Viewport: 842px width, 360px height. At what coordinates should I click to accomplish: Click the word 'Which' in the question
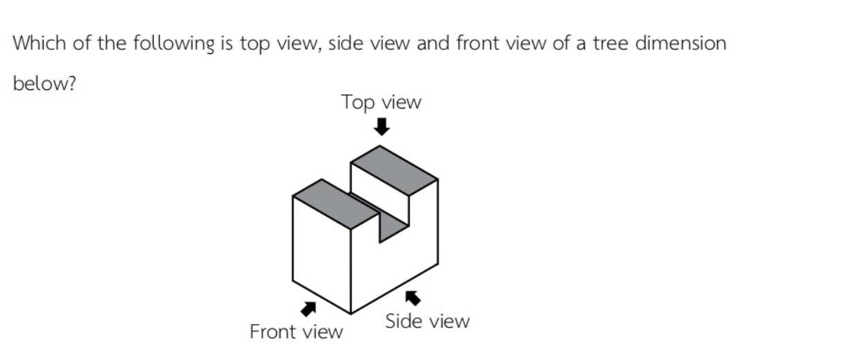click(x=39, y=42)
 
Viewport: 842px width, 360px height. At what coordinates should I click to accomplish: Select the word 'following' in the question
click(x=173, y=44)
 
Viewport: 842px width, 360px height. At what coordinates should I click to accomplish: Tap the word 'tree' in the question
click(x=611, y=43)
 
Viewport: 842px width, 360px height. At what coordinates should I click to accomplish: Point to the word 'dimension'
click(x=681, y=42)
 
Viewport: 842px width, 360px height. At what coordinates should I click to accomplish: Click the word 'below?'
click(x=44, y=82)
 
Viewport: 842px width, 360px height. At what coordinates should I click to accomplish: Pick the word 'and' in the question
click(x=433, y=43)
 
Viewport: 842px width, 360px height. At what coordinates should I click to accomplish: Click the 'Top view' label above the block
click(x=381, y=102)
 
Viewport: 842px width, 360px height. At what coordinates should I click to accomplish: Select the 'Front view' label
click(x=296, y=332)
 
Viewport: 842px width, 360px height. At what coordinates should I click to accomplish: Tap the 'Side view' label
click(x=427, y=321)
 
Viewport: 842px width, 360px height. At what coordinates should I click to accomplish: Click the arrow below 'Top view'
click(x=382, y=127)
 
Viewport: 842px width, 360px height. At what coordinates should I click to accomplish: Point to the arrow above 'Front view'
click(x=309, y=309)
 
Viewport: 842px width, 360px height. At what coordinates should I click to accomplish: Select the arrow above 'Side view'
click(x=413, y=298)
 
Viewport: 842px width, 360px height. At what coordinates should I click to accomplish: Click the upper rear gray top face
click(x=394, y=170)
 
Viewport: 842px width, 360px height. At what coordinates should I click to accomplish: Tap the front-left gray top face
click(x=336, y=204)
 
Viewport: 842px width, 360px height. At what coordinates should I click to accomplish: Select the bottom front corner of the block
click(x=351, y=314)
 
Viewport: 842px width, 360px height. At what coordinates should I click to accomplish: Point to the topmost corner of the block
click(x=379, y=146)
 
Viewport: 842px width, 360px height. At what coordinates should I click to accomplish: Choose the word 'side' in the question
click(x=346, y=42)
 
